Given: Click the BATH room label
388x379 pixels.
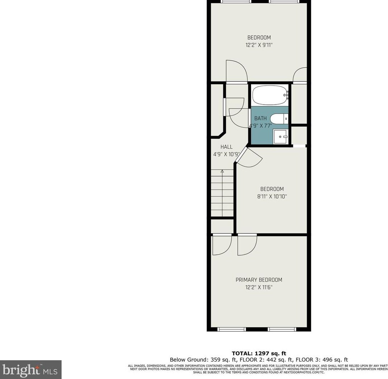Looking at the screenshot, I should click(x=260, y=118).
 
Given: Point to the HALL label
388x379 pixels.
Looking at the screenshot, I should click(x=227, y=147).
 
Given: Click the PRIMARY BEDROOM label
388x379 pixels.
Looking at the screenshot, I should click(x=259, y=280).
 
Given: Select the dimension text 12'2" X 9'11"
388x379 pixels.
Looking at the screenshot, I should click(x=259, y=45).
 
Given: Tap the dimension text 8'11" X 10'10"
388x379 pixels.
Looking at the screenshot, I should click(x=272, y=196).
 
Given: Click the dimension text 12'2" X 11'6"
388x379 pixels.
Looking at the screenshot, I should click(x=259, y=288).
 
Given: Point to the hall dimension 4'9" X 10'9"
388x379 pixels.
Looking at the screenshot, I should click(x=227, y=154).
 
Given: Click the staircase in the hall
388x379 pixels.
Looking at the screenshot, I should click(x=222, y=194).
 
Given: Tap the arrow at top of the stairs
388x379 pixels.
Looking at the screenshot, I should click(x=223, y=171).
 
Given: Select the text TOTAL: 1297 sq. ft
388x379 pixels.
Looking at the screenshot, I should click(x=259, y=353).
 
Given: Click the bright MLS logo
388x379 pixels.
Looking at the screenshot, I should click(x=30, y=370).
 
